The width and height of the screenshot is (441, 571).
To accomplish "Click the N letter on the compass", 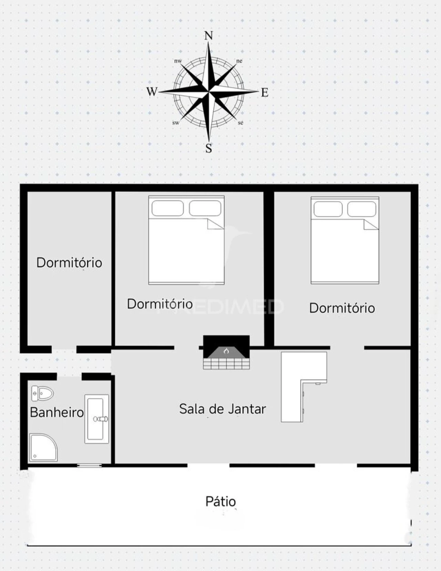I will point(208,36).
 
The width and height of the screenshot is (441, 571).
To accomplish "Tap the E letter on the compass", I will point(264,93).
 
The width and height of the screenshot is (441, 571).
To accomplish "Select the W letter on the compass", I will point(152,92).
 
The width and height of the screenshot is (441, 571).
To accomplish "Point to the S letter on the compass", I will point(208,148).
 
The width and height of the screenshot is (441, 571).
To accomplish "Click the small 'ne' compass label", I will point(239,61).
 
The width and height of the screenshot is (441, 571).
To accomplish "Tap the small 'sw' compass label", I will point(176,123).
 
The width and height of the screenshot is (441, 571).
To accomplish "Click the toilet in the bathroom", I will point(43,393).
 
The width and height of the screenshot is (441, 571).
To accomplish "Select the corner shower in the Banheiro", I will point(43,447).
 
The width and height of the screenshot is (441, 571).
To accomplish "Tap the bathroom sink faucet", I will point(101,419).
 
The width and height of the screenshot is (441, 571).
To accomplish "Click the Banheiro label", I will point(57,412).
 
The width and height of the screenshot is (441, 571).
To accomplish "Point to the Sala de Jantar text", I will point(223,409).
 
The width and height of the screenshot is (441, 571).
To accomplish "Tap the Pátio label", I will point(220,501).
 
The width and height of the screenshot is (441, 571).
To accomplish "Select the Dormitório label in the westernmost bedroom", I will point(69,263).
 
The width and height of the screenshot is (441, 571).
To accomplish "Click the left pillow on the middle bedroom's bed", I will point(167,208).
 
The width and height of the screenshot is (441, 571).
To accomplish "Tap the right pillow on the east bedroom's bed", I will point(361,209).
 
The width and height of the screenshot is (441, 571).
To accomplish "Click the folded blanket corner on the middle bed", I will point(215,224).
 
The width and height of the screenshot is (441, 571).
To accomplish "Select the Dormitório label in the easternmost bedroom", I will point(342,308).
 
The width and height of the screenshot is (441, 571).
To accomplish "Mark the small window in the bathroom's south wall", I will point(89,466).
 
